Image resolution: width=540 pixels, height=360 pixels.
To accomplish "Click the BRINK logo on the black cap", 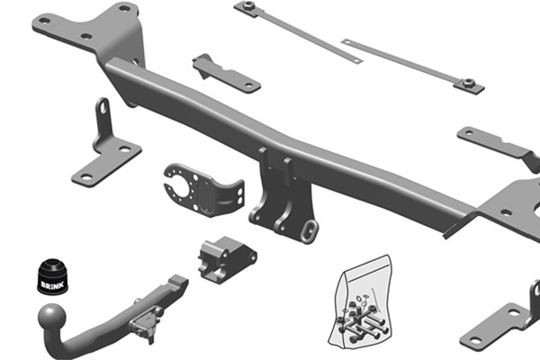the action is click(52, 285).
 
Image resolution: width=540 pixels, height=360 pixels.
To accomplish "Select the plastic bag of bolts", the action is click(360, 301).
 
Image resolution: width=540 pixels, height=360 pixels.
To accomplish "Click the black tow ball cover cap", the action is click(53, 276).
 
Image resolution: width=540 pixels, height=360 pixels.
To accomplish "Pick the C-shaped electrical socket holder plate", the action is click(203, 189).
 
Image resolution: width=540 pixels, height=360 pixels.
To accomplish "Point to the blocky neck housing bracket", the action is click(227, 258).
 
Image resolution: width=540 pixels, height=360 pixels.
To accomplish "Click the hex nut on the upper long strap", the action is click(248, 5).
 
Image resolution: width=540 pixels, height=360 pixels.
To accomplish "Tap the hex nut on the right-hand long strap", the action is click(468, 83).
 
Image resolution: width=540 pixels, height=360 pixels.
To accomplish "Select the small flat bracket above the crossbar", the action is click(226, 74).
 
